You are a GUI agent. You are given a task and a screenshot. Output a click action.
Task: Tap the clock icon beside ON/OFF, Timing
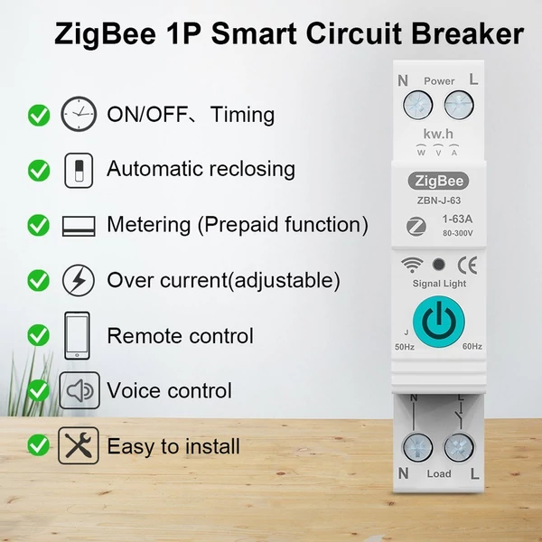[x=78, y=115]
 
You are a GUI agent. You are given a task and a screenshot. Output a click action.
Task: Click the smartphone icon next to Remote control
[x=78, y=335]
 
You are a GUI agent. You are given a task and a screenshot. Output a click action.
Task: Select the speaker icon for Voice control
[x=78, y=390]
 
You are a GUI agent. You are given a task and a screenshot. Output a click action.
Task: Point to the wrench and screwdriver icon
[x=78, y=445]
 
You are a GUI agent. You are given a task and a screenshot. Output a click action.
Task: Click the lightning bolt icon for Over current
[x=78, y=280]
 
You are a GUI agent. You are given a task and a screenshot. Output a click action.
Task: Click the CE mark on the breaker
[x=469, y=266]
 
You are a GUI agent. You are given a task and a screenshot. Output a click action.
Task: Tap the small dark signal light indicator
[x=438, y=266]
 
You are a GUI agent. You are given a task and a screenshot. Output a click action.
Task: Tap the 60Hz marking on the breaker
[x=471, y=347]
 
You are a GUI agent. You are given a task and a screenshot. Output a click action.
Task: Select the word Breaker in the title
[x=468, y=34]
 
